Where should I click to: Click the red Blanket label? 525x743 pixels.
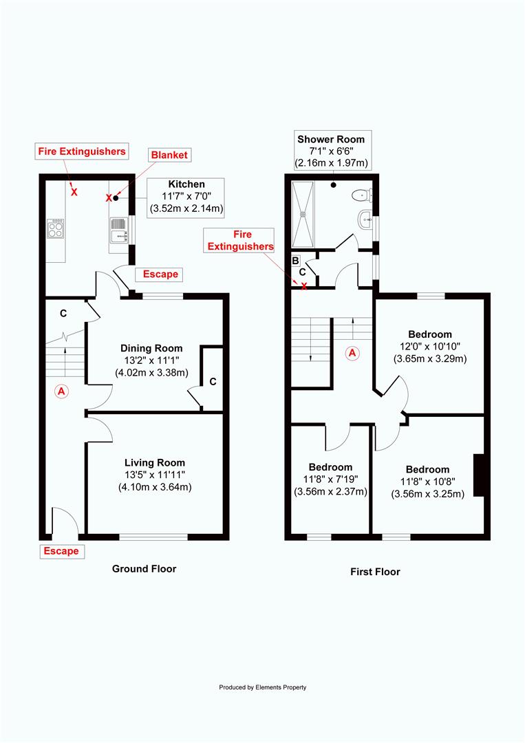[169, 155]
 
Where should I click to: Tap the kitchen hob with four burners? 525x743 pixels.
[56, 228]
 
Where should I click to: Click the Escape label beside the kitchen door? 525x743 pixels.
[160, 274]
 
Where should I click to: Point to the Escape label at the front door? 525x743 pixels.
[61, 551]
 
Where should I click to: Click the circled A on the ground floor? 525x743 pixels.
[61, 391]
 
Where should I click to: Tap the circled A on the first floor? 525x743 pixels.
[352, 352]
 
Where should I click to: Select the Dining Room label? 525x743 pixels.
[151, 348]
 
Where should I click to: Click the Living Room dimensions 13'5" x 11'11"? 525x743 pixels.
[155, 474]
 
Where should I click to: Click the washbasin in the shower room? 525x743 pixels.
[365, 219]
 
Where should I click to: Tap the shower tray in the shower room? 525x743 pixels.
[303, 214]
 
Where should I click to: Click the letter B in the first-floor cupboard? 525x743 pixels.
[295, 261]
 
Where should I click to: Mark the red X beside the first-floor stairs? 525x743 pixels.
[304, 286]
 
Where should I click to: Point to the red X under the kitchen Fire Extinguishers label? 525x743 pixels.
[74, 192]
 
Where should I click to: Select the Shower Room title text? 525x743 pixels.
[331, 139]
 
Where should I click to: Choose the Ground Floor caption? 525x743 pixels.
[144, 569]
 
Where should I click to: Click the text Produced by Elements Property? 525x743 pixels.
[263, 687]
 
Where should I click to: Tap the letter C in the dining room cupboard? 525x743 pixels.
[213, 381]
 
